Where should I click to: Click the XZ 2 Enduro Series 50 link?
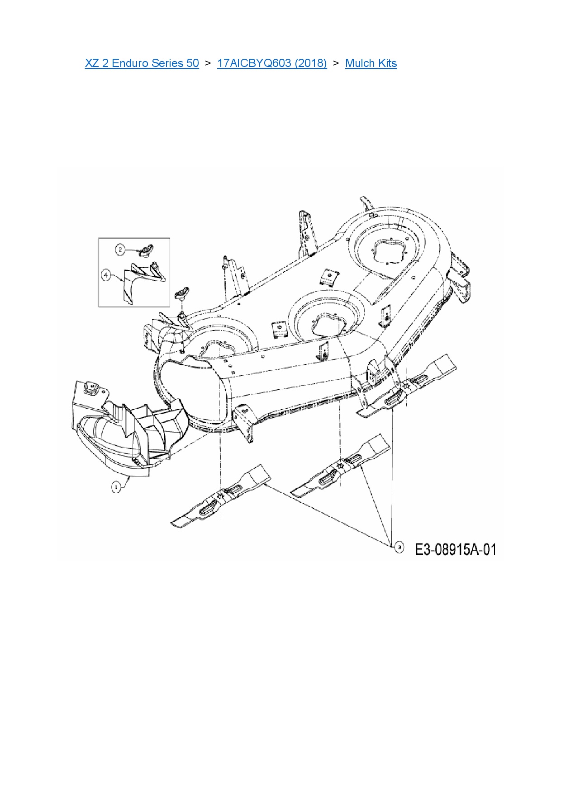pyautogui.click(x=142, y=63)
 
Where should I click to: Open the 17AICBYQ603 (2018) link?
pyautogui.click(x=271, y=63)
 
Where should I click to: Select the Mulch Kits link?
pyautogui.click(x=371, y=63)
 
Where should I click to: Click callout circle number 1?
pyautogui.click(x=116, y=487)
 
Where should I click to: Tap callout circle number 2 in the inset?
pyautogui.click(x=120, y=249)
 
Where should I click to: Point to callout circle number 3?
pyautogui.click(x=399, y=548)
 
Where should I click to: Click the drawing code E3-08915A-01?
pyautogui.click(x=456, y=550)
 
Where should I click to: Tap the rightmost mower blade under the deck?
pyautogui.click(x=406, y=386)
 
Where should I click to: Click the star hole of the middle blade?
pyautogui.click(x=340, y=464)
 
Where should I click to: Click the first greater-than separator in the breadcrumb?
pyautogui.click(x=208, y=63)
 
